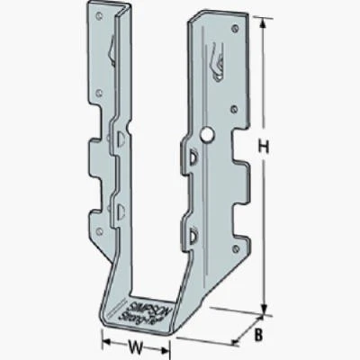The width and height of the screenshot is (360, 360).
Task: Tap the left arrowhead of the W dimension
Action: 103,342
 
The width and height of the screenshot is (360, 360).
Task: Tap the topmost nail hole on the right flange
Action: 236,29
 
